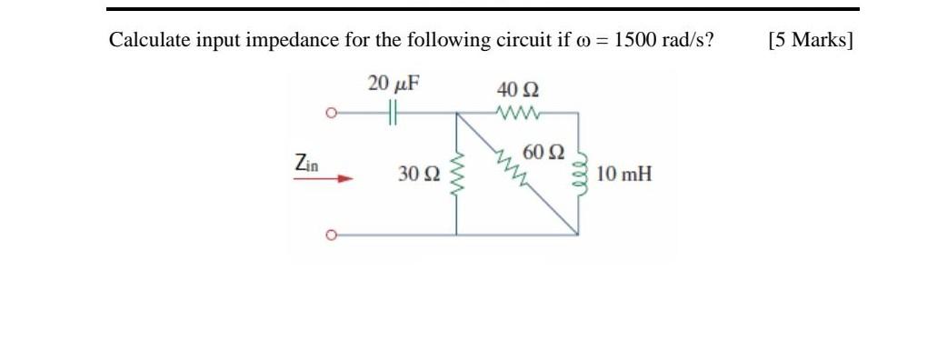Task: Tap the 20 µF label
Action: [x=394, y=85]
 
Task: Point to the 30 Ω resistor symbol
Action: [x=456, y=173]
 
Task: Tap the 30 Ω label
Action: [x=419, y=174]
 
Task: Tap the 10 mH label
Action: [x=624, y=174]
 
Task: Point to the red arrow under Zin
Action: [x=322, y=179]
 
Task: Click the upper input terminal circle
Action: [x=334, y=114]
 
